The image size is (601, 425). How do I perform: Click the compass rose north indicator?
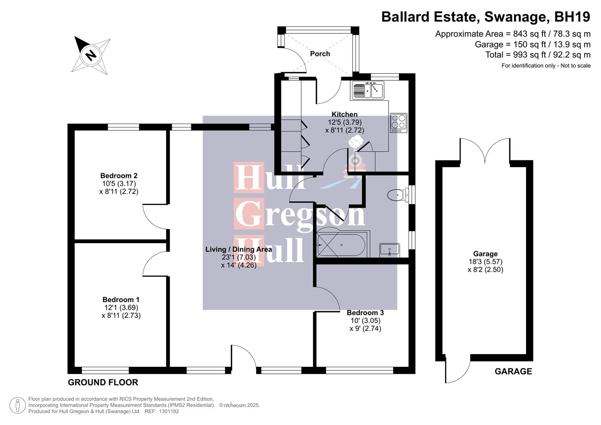(x=91, y=54)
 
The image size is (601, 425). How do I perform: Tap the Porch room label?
(x=320, y=54)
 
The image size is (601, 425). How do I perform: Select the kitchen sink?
(x=368, y=90)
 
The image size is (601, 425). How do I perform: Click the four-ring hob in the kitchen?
(x=398, y=122)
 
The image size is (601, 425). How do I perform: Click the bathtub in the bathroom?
(x=342, y=245)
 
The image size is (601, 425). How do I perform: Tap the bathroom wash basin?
(x=389, y=249)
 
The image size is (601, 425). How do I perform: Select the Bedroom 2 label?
(x=118, y=176)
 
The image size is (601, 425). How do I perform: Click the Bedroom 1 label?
(x=121, y=300)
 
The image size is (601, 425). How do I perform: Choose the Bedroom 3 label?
(x=365, y=313)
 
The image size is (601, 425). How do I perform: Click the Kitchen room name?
(x=344, y=115)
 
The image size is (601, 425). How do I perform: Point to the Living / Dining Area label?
(x=239, y=249)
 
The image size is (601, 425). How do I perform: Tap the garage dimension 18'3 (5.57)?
(x=485, y=262)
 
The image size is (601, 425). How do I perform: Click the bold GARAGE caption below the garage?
(x=513, y=371)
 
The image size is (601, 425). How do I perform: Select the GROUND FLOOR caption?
(x=103, y=382)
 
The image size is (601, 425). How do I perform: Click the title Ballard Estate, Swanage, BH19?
(x=486, y=17)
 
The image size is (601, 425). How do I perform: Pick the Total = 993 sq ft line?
(x=538, y=55)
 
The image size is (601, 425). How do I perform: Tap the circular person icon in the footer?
(x=17, y=405)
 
